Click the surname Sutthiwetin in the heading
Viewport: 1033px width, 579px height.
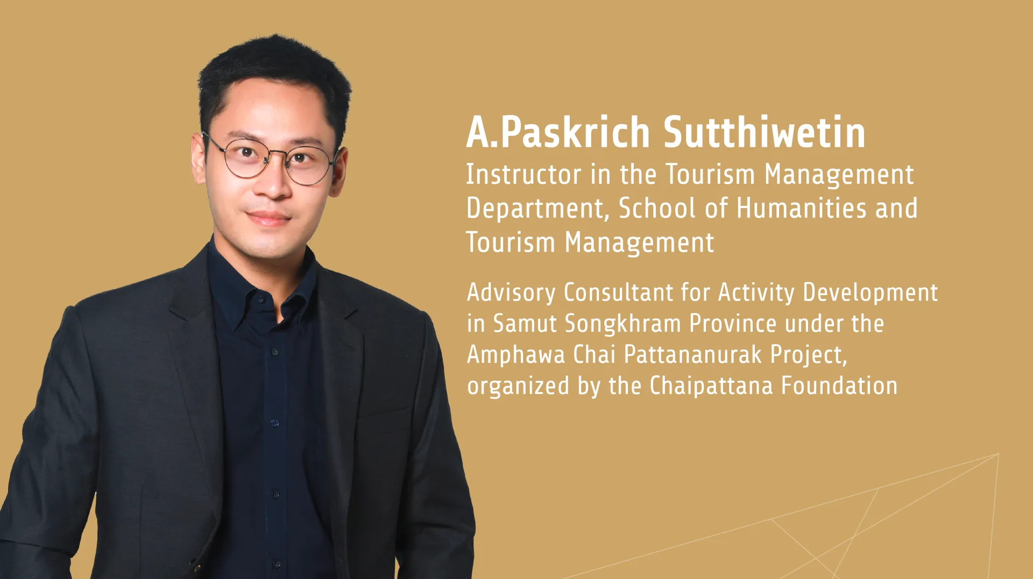click(765, 132)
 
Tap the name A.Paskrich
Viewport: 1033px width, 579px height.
click(558, 132)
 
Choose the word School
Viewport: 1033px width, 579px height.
click(657, 208)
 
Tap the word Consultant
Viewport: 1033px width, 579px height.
click(618, 293)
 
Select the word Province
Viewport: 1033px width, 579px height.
click(733, 324)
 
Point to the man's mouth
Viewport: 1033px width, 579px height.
click(268, 218)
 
